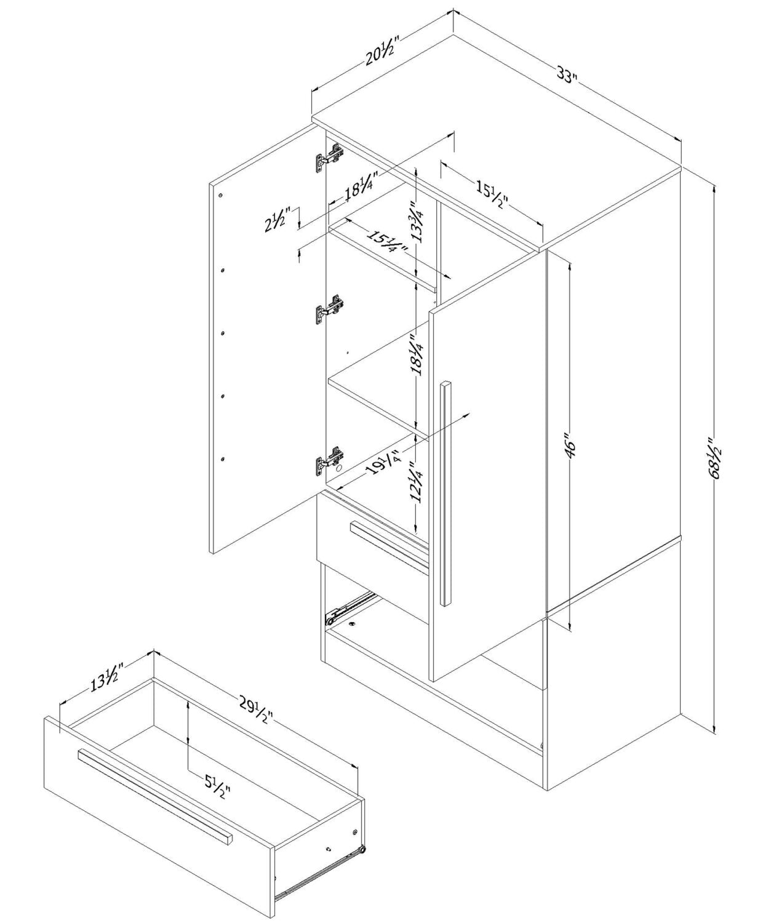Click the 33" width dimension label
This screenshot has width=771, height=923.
tap(567, 76)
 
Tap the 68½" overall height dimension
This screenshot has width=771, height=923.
tap(714, 460)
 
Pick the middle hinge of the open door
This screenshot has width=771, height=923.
tap(329, 309)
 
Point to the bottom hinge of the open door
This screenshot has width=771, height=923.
tap(329, 461)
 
